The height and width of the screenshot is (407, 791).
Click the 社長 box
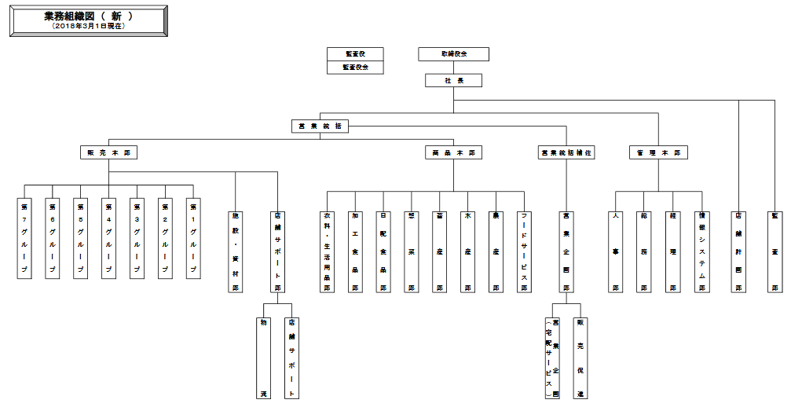(x=453, y=80)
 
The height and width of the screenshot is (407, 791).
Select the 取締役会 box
(x=453, y=54)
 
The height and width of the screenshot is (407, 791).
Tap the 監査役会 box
(x=355, y=68)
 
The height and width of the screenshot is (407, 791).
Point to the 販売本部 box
(x=108, y=152)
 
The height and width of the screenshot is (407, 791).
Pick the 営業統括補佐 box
(x=566, y=152)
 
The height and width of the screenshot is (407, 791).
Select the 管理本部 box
(x=658, y=152)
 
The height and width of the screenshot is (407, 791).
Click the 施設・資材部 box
(x=235, y=251)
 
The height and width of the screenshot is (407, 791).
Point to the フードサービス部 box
(x=524, y=251)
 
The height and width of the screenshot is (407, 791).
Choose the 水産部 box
(x=467, y=251)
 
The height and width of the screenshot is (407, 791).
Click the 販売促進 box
(x=580, y=357)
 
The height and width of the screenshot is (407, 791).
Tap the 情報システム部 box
(x=701, y=251)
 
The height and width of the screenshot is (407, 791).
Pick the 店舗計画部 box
(x=738, y=251)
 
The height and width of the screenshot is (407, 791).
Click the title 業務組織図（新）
(x=88, y=16)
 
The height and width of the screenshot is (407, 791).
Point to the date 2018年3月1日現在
(x=88, y=26)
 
